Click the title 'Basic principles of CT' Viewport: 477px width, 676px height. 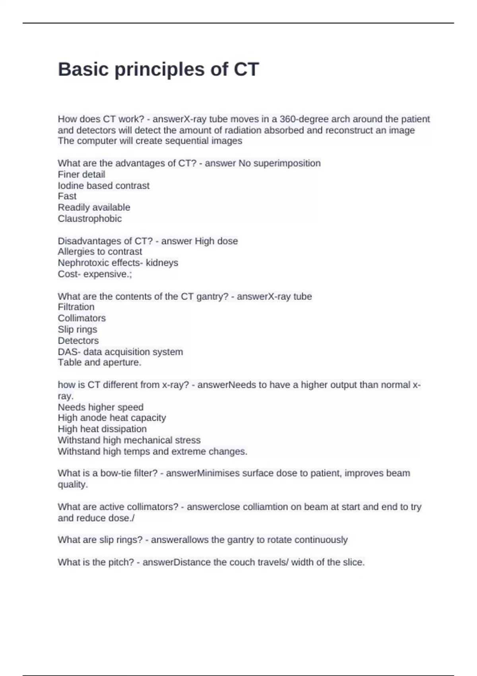158,69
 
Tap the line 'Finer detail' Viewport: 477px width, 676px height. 81,175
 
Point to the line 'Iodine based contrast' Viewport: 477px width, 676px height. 103,186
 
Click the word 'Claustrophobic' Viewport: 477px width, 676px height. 90,219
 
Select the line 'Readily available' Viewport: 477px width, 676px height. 94,208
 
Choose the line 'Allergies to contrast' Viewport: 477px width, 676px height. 100,252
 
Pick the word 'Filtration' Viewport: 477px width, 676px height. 76,307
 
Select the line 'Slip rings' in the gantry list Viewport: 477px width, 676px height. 77,330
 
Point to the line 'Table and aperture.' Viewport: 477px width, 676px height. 99,363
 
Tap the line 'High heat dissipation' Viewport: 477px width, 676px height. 102,429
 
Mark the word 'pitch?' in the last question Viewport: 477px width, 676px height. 121,562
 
